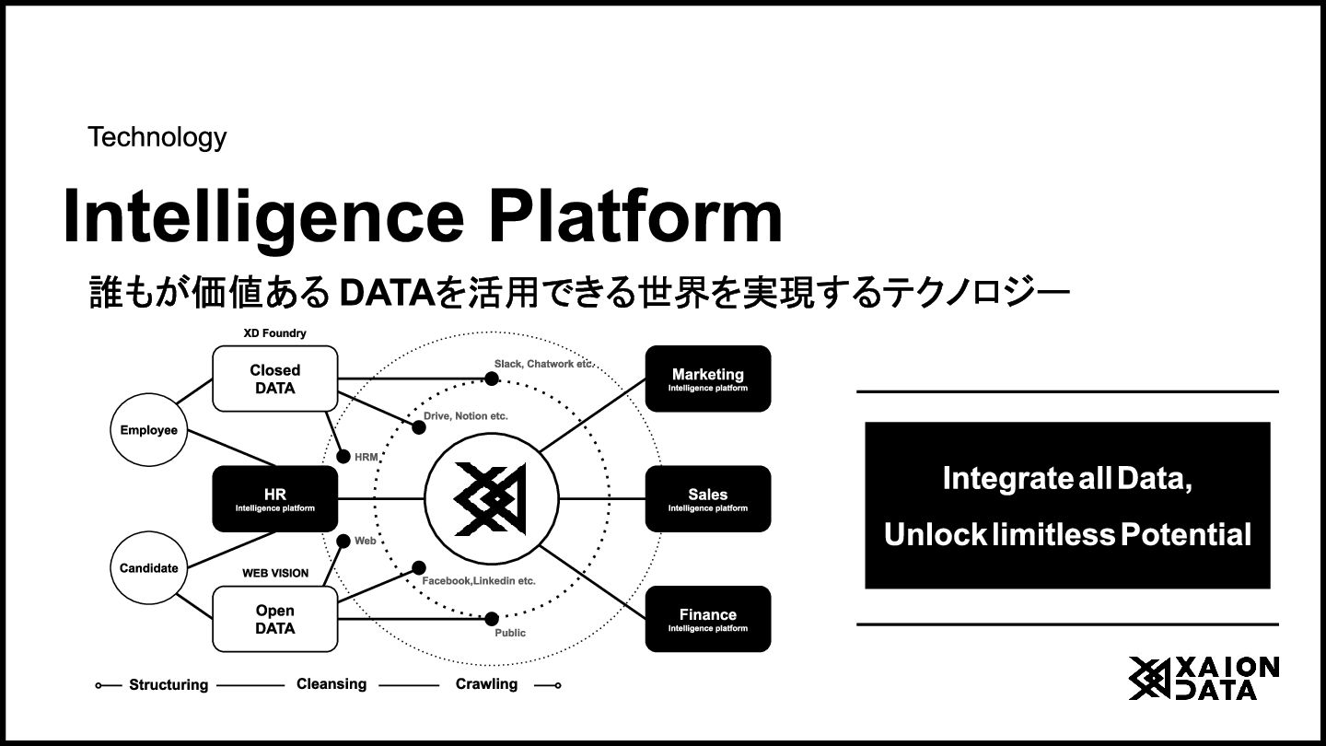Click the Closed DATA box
[274, 379]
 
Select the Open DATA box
[274, 619]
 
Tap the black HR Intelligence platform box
[274, 499]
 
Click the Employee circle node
[148, 430]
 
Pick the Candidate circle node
[148, 567]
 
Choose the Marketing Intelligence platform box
[707, 379]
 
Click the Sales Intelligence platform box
[707, 499]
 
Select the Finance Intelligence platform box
[707, 619]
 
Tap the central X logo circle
[491, 499]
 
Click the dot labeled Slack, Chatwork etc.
[492, 379]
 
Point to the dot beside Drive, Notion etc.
[418, 427]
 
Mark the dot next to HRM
[343, 456]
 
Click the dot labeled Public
[492, 619]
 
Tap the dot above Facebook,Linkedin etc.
[418, 568]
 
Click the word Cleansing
[331, 684]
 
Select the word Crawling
[486, 684]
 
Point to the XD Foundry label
[274, 332]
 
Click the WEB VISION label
[274, 573]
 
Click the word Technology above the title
[157, 137]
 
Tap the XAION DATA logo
[1204, 679]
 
